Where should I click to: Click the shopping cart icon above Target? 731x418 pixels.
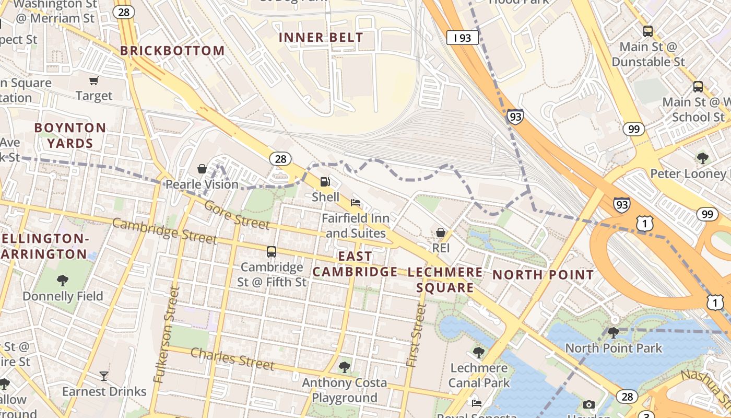click(94, 80)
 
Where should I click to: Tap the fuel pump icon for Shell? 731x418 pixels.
click(325, 182)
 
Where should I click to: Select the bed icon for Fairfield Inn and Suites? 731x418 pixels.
click(356, 202)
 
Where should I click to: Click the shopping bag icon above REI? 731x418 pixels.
click(441, 233)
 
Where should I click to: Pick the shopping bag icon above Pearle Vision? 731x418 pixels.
click(202, 169)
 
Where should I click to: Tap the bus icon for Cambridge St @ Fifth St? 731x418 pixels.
click(272, 251)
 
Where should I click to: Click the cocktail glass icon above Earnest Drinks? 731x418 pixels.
click(104, 376)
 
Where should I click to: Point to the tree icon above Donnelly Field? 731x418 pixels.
click(63, 281)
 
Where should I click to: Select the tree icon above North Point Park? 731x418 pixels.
click(614, 332)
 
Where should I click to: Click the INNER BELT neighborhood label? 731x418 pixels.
click(321, 38)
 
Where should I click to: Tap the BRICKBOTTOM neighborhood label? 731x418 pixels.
click(172, 51)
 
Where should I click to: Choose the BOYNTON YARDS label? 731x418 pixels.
click(70, 135)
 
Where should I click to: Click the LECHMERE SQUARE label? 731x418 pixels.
click(445, 280)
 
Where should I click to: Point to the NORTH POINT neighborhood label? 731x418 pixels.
click(543, 275)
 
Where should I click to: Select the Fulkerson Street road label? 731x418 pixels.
click(167, 335)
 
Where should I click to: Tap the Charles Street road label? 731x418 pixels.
click(232, 358)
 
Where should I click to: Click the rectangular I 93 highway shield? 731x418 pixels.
click(462, 38)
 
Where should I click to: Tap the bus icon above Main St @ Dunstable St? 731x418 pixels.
click(648, 31)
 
